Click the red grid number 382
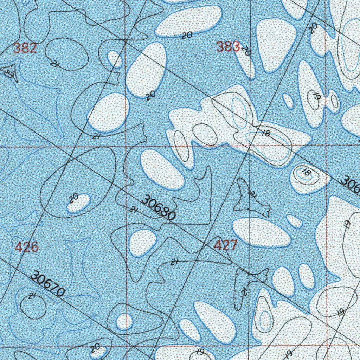(x=25, y=48)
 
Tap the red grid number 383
(x=228, y=46)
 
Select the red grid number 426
(x=27, y=247)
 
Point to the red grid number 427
(x=226, y=245)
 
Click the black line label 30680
(x=158, y=209)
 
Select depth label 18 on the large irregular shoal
(x=266, y=133)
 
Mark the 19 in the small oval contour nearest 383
(x=315, y=96)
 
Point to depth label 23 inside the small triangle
(x=8, y=73)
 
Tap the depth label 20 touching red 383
(x=246, y=51)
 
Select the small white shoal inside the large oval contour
(x=79, y=203)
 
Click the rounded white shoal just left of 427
(x=142, y=243)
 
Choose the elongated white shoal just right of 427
(x=262, y=232)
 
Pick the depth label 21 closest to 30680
(x=133, y=210)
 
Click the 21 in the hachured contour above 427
(x=251, y=194)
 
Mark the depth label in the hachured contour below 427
(x=245, y=291)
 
